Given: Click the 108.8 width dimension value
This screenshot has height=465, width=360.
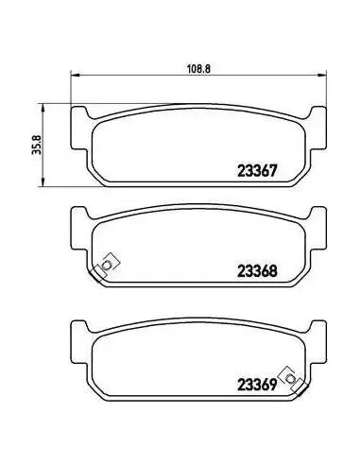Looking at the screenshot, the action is (x=198, y=68).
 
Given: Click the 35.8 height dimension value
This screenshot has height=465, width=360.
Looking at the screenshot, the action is (x=37, y=145).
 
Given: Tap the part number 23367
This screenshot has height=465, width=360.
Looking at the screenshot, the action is (x=257, y=171).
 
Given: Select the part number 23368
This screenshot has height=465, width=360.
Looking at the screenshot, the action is (x=257, y=271).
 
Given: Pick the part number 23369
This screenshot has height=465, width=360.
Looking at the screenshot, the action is (x=257, y=385).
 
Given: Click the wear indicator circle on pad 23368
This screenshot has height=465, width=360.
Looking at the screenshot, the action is (x=107, y=266).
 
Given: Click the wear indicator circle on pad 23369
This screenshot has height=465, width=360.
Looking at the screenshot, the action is (x=289, y=378).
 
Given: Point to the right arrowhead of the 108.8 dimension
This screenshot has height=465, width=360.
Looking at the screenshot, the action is (x=322, y=75).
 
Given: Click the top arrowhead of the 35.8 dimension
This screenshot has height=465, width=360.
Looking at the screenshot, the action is (x=42, y=109).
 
